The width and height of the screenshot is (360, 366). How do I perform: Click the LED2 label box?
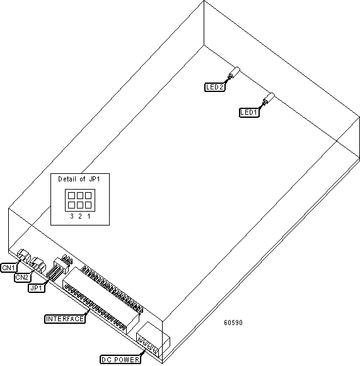215,87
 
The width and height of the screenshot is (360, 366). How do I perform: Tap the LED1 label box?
249,113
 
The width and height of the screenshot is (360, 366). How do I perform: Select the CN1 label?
9,268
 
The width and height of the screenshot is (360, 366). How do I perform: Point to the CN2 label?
22,277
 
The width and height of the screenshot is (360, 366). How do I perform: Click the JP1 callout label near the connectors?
37,288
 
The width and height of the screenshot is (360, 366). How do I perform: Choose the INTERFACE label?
65,319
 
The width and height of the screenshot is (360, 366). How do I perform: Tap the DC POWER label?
120,360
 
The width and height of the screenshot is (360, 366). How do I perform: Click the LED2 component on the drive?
234,73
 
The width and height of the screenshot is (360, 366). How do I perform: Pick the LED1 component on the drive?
269,98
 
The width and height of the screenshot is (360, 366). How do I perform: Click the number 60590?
233,323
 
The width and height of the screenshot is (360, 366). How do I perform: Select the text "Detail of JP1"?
79,180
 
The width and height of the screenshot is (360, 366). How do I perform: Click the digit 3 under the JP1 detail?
72,216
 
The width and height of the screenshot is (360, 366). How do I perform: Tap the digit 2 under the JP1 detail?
80,216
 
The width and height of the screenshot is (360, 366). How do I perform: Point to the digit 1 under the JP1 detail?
89,216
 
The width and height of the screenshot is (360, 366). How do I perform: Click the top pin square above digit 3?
71,195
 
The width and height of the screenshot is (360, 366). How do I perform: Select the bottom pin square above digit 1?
88,205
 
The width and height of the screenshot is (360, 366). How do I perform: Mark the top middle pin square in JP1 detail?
80,195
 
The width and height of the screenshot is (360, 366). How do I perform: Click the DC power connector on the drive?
153,339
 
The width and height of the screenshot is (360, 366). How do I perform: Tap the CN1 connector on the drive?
24,255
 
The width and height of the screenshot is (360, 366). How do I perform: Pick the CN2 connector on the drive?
38,264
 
